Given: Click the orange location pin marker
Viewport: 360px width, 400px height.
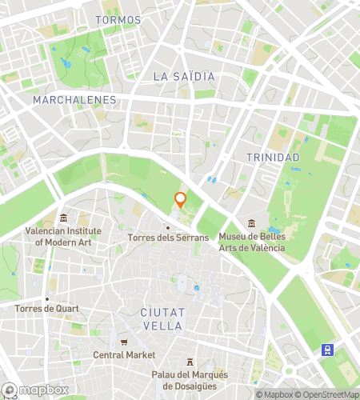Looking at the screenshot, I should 181,200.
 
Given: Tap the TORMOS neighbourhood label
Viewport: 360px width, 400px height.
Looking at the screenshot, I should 118,19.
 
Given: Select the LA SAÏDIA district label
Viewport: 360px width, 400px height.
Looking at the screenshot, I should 183,76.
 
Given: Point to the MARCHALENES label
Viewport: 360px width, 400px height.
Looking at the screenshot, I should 75,100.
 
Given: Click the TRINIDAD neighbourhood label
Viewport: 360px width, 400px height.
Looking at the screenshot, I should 273,158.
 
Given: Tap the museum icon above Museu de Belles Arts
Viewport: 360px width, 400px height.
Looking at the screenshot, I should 252,222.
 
